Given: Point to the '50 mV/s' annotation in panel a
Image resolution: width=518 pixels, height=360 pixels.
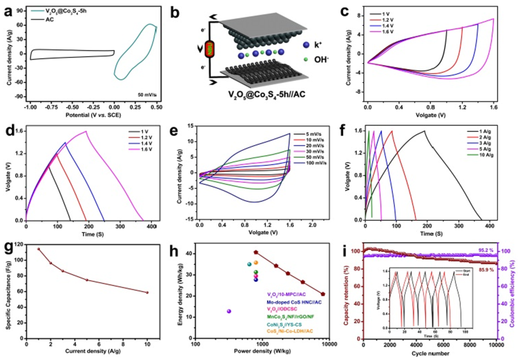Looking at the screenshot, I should point(147,95).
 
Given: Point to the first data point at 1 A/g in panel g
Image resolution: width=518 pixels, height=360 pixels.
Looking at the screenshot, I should point(38,249).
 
